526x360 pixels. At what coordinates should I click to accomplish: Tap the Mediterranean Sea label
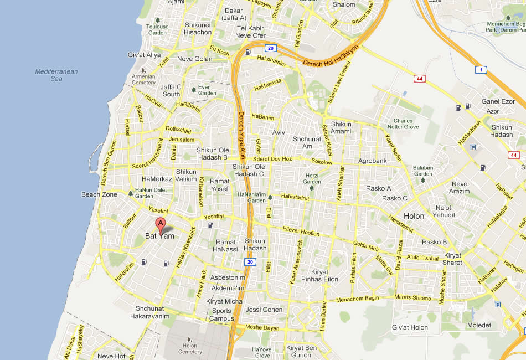click(56, 75)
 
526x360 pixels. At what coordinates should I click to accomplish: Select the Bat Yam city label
click(159, 236)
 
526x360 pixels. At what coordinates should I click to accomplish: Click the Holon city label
click(414, 216)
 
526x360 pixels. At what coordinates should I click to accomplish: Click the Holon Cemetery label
click(189, 348)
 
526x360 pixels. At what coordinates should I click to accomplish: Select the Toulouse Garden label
click(157, 29)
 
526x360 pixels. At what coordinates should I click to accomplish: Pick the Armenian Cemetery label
click(144, 80)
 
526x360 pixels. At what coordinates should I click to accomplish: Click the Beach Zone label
click(99, 194)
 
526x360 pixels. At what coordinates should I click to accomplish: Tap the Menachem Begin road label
click(357, 300)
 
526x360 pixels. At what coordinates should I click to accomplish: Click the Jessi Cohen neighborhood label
click(264, 310)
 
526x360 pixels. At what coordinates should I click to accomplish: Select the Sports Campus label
click(221, 315)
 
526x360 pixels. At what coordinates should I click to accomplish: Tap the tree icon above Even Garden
click(193, 89)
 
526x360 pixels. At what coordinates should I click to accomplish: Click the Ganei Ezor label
click(498, 102)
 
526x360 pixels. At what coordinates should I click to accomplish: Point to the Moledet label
click(479, 325)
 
